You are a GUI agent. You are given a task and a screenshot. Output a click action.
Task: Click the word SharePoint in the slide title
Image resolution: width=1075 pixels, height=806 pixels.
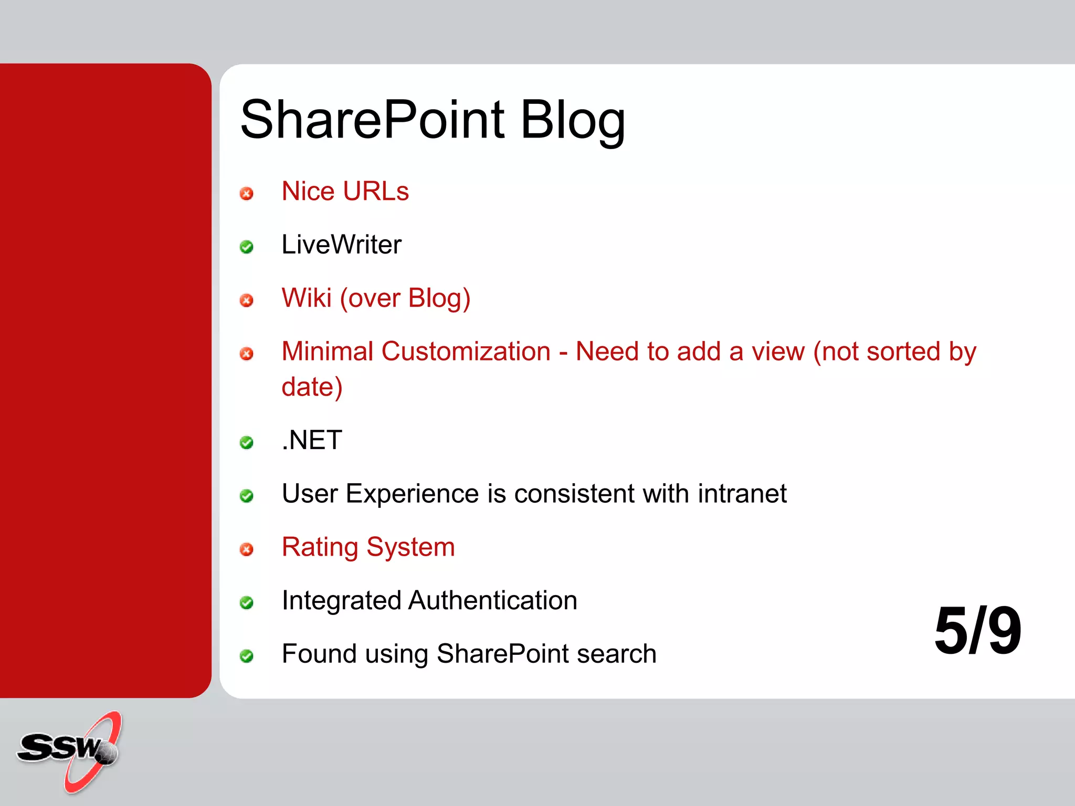coord(372,120)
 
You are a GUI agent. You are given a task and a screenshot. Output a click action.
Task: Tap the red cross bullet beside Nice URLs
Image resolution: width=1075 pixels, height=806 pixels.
coord(246,194)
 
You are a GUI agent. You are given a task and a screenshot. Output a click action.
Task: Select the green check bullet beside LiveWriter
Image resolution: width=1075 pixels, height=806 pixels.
coord(246,247)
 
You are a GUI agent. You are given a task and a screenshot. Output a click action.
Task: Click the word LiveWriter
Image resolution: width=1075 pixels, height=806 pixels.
coord(341,245)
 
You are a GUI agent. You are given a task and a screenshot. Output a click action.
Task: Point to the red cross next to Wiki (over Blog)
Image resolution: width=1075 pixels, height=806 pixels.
coord(246,300)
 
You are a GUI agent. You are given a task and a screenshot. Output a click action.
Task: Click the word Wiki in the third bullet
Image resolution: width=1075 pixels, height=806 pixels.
coord(307,298)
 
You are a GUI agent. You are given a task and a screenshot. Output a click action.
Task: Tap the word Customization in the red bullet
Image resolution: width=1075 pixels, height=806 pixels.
coord(466,351)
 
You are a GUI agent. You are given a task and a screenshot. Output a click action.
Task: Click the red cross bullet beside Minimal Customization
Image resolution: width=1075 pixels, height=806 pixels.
coord(246,354)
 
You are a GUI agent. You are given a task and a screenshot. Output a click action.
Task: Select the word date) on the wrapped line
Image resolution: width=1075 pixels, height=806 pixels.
coord(312,387)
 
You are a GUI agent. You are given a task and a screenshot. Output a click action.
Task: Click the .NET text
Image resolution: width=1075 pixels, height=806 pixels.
coord(312,440)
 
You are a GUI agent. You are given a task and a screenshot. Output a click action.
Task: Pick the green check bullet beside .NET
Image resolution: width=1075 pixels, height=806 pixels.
coord(246,443)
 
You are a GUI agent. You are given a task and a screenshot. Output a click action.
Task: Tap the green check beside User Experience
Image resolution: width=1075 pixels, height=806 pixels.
coord(246,496)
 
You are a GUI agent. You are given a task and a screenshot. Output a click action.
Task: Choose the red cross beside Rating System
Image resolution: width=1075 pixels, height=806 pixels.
coord(246,549)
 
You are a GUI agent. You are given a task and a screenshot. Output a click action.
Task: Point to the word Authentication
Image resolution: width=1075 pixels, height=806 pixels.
coord(492,600)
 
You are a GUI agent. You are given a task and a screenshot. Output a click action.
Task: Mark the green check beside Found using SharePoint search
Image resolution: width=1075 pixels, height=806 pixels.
coord(246,656)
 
